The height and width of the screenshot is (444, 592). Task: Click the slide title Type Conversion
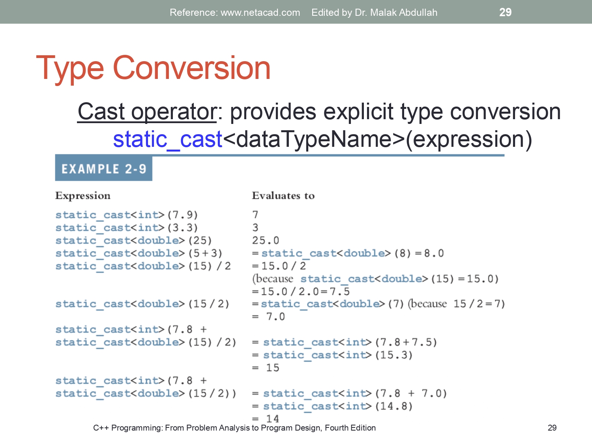153,68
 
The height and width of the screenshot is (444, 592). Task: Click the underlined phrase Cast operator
147,112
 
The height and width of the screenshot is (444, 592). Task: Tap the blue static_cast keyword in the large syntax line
168,140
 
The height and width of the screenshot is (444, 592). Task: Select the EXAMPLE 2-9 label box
103,169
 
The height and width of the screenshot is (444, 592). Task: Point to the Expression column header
83,196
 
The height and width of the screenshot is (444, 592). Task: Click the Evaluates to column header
283,196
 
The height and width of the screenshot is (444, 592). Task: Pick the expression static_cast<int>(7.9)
126,215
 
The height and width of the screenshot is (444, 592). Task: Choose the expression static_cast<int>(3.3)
126,228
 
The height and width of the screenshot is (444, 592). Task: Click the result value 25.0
265,240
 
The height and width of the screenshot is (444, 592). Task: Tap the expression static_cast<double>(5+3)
139,253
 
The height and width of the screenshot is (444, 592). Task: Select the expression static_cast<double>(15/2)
142,304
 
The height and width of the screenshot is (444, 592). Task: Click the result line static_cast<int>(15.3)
337,355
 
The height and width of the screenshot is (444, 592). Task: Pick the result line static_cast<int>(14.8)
337,406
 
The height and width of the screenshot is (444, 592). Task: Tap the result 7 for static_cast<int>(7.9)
255,215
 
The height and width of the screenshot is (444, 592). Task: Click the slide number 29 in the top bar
505,12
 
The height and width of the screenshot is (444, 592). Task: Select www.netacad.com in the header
260,13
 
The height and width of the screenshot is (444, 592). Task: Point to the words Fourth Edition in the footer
350,428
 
